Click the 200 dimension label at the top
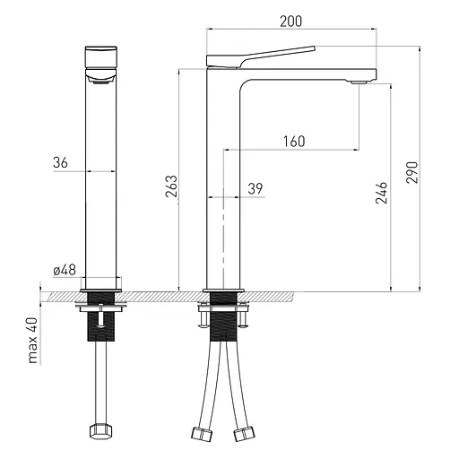click(290, 22)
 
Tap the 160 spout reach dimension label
click(294, 142)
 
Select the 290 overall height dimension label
click(411, 172)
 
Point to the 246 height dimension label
click(381, 193)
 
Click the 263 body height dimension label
click(171, 186)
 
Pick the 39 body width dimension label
click(255, 188)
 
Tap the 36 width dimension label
click(60, 162)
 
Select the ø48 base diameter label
click(65, 270)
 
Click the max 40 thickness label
click(32, 341)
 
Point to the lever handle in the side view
click(260, 56)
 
